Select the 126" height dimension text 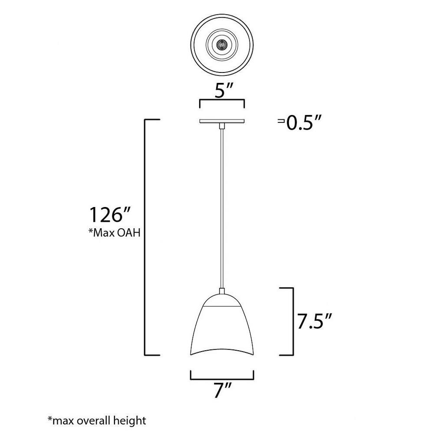109,214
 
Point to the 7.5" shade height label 314,321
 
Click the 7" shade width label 223,390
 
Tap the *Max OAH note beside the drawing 114,233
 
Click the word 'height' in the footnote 131,421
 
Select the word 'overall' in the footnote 95,421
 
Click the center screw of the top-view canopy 222,44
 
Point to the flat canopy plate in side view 222,121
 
